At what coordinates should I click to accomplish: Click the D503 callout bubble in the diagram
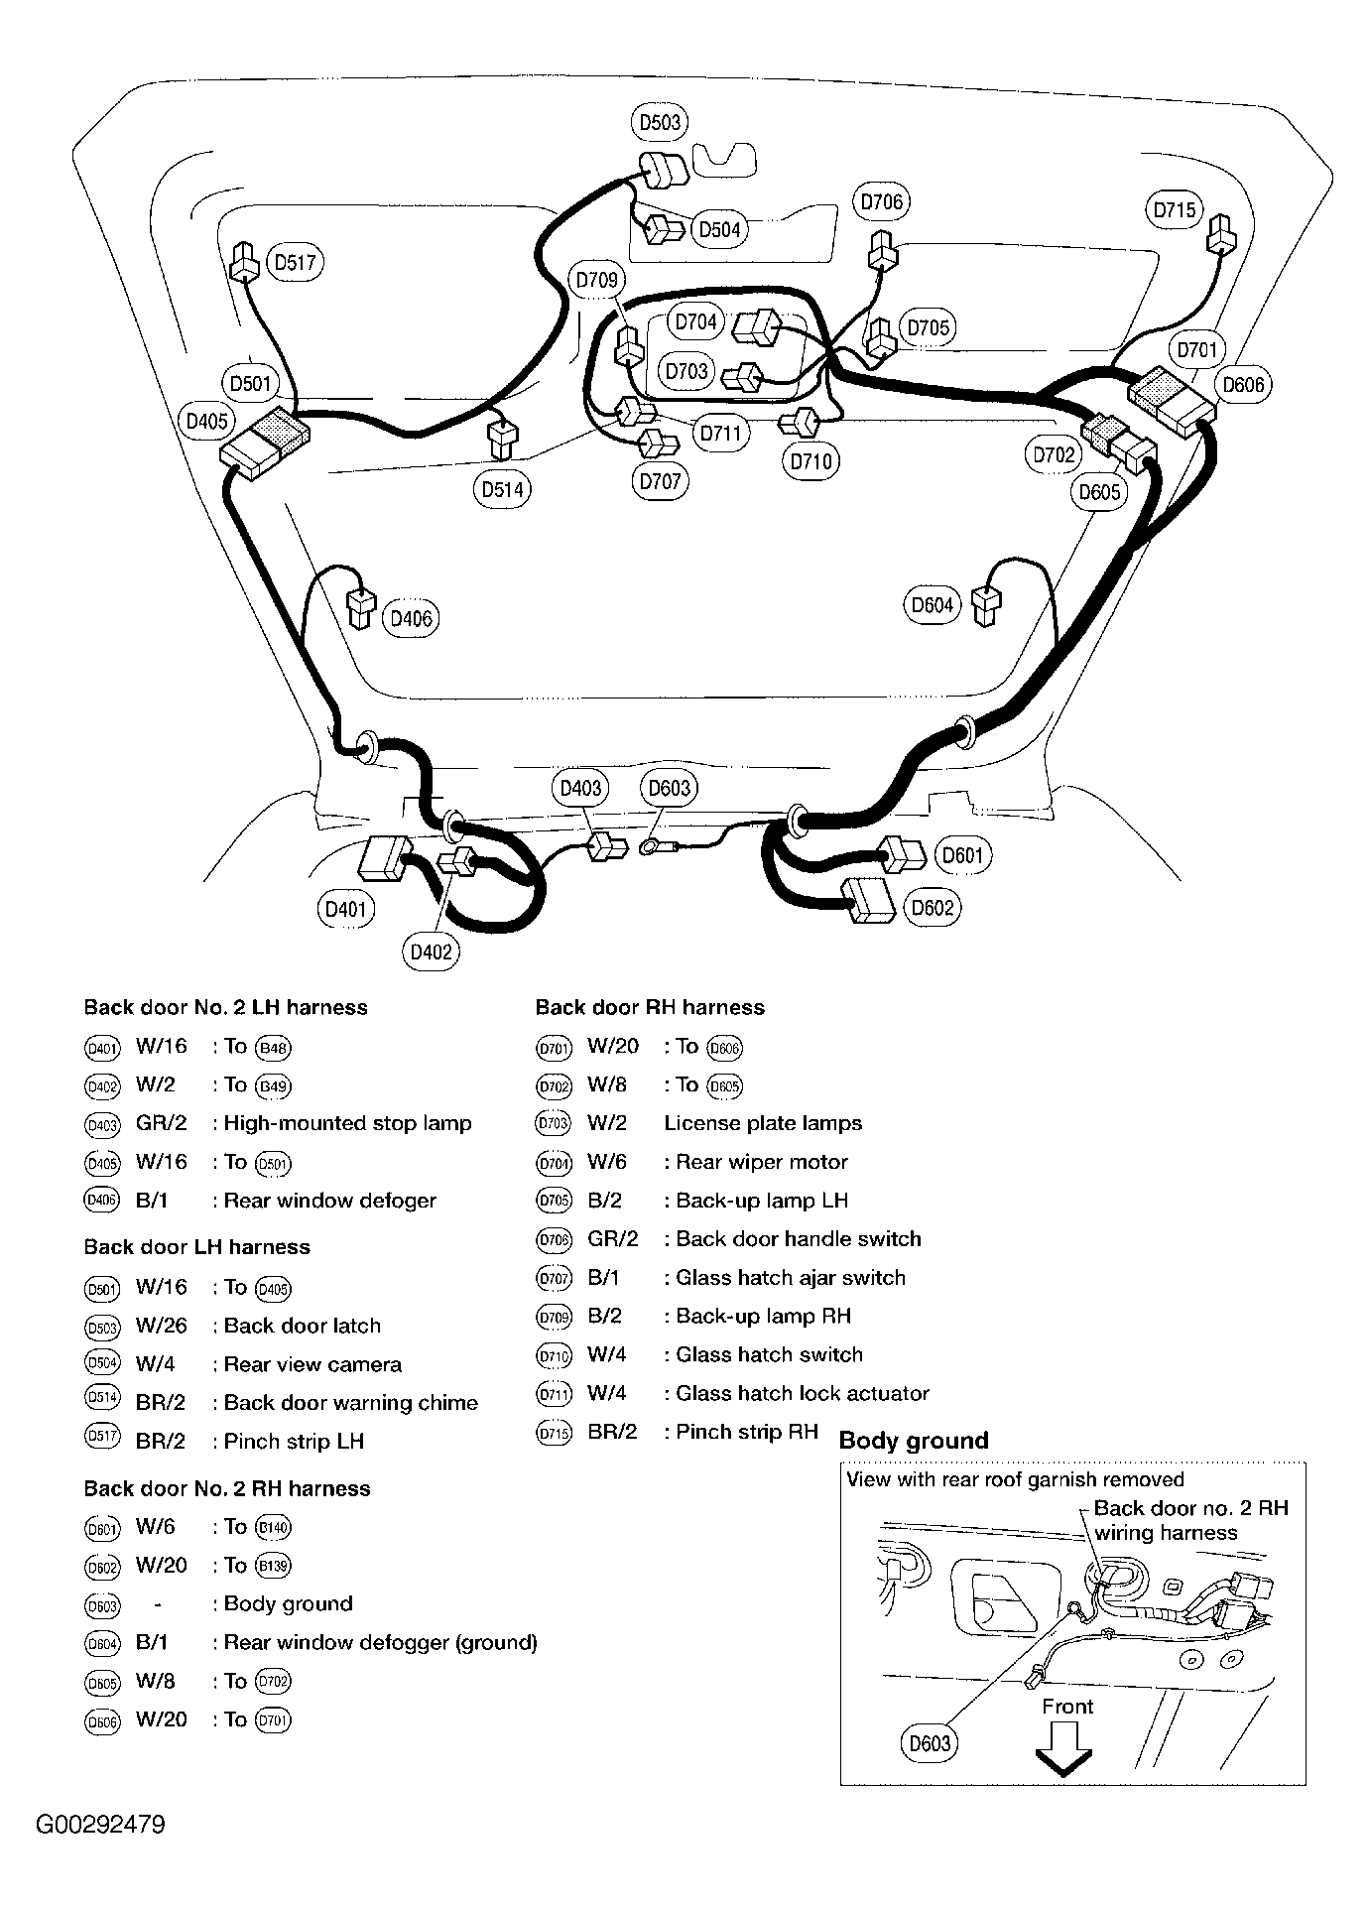click(660, 122)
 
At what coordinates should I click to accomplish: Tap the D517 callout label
click(296, 263)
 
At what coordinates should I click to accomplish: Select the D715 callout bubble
click(1175, 210)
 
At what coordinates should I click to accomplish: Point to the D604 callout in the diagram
click(933, 605)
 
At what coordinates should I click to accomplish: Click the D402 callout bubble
click(431, 953)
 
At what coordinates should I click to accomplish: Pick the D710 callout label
click(811, 461)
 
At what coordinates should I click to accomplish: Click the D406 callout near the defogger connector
click(411, 619)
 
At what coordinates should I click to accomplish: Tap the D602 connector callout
click(933, 908)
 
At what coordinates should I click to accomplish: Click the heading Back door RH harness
click(650, 1007)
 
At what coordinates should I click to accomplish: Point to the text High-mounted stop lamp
click(347, 1123)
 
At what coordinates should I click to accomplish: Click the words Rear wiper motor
click(761, 1162)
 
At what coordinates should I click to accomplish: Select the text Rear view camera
click(312, 1364)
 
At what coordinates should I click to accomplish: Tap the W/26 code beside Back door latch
click(162, 1326)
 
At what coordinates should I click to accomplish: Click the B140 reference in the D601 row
click(274, 1528)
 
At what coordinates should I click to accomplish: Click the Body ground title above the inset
click(914, 1441)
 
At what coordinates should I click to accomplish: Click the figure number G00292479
click(100, 1825)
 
